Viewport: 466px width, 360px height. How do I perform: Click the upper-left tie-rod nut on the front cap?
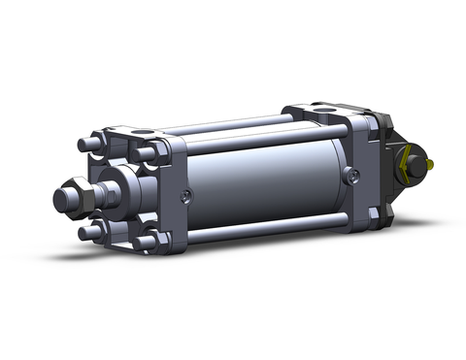pos(90,144)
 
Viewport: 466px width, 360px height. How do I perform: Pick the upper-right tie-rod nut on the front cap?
pos(146,152)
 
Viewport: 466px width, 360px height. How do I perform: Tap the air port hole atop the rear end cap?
pos(320,109)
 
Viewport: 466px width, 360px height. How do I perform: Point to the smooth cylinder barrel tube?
pos(262,180)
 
